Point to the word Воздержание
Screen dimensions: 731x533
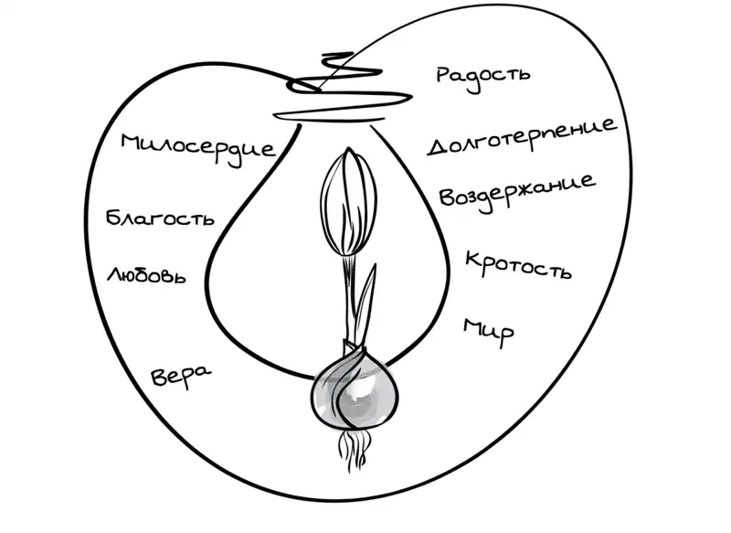(x=517, y=192)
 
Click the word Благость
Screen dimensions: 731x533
(x=161, y=218)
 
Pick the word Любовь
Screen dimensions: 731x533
(x=147, y=274)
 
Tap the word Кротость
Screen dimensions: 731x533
(x=518, y=265)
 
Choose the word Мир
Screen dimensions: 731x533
(x=489, y=332)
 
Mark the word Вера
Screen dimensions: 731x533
(x=181, y=376)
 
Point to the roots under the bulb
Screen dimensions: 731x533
(x=355, y=449)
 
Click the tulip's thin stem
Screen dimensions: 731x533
(x=349, y=298)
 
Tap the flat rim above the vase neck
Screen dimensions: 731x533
(x=330, y=117)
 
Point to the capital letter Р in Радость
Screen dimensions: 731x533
(x=443, y=75)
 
